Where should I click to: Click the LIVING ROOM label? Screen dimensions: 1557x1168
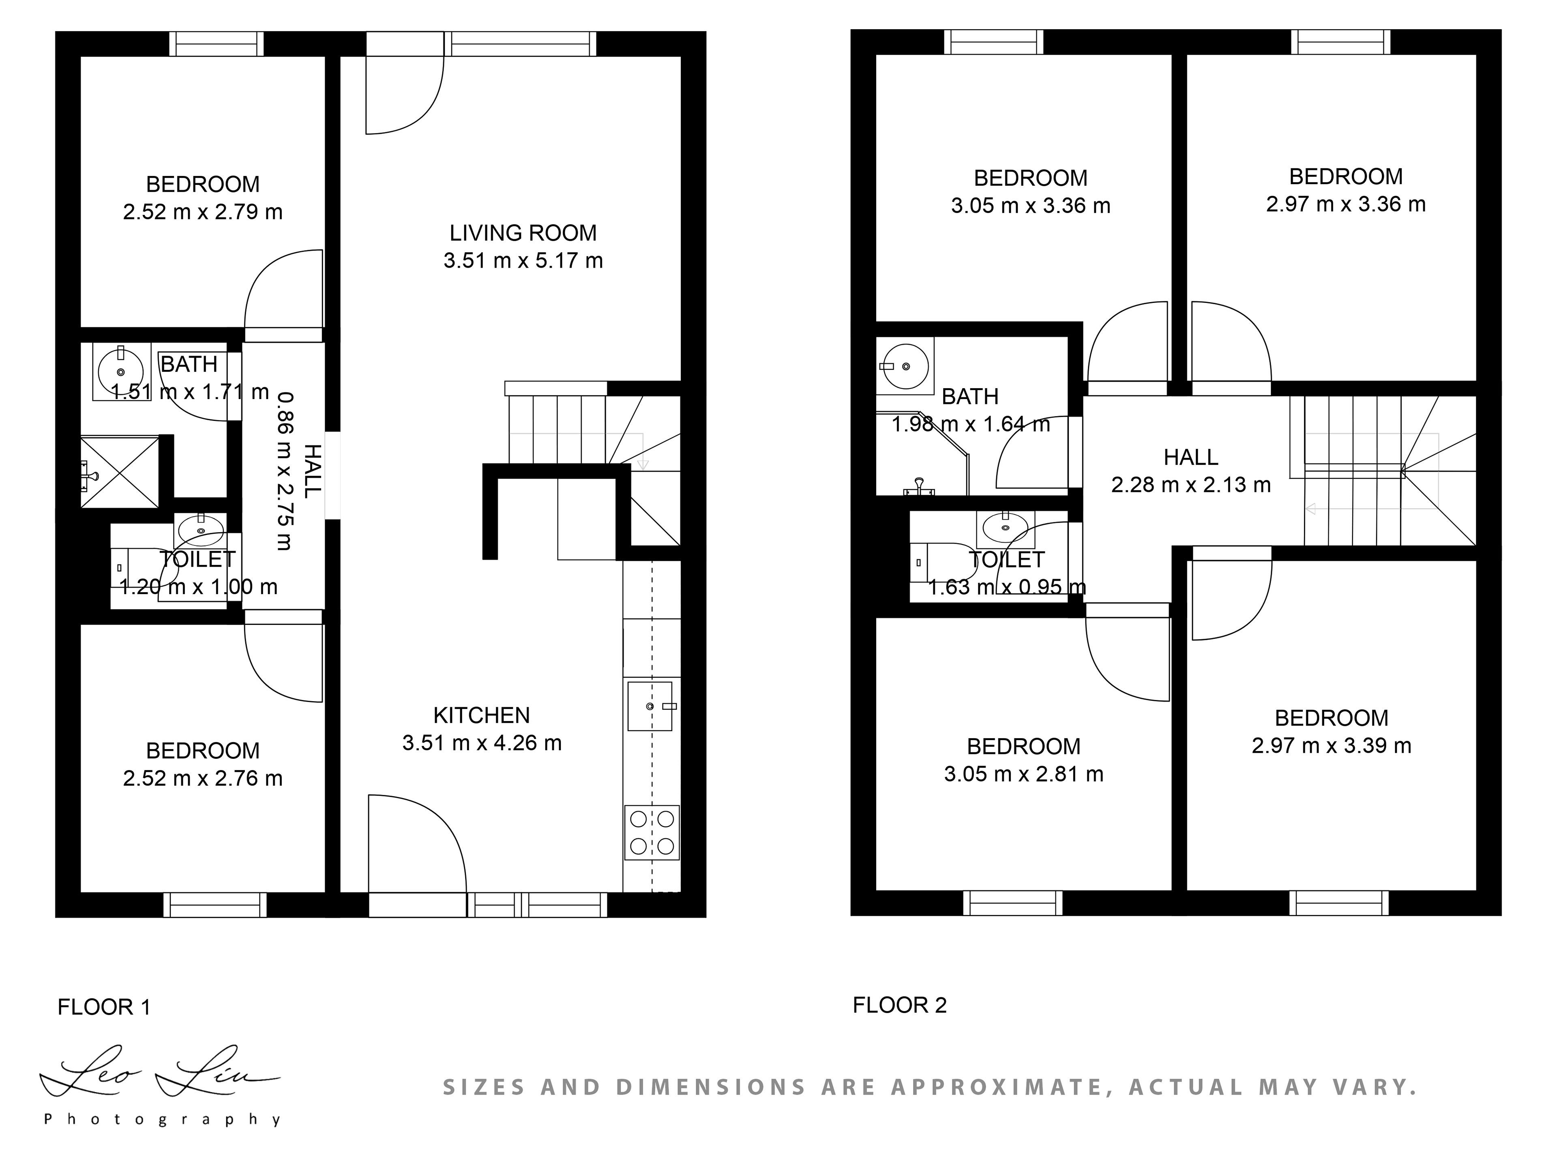pos(523,233)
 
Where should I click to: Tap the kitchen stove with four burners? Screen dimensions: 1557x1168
pos(652,832)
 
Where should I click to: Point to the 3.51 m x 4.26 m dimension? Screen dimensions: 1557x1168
pos(482,743)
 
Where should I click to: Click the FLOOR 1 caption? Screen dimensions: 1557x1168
pos(104,1007)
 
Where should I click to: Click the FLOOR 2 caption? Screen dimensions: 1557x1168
pos(900,1005)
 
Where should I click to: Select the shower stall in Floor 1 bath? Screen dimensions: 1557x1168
pos(120,471)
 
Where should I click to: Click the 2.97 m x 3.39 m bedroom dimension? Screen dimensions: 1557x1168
pos(1331,745)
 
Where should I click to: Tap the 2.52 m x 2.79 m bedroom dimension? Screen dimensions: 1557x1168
pos(203,212)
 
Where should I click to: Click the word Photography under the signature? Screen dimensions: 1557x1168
pos(163,1119)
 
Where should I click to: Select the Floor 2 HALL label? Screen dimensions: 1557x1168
pos(1191,457)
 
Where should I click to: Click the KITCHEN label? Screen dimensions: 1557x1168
pos(481,715)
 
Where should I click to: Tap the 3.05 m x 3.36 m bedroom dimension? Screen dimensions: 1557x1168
pos(1030,206)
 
